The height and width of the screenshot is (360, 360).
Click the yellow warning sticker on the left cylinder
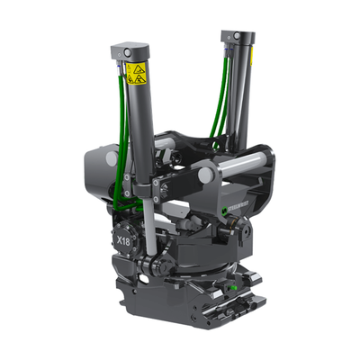tap(137, 74)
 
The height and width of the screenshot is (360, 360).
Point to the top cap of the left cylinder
tap(132, 49)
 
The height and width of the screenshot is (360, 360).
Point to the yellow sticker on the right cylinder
tap(251, 56)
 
